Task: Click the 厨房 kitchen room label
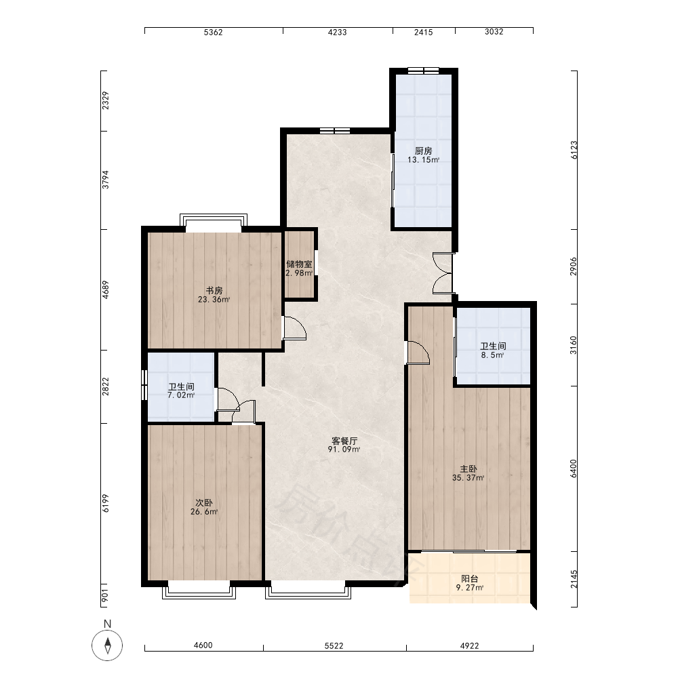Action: tap(423, 151)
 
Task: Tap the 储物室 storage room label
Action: tap(299, 264)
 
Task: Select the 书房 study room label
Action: tap(214, 291)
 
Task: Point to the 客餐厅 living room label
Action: tap(344, 441)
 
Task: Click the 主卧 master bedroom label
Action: tap(468, 469)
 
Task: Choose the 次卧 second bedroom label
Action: tap(204, 503)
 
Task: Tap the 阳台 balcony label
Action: tap(470, 579)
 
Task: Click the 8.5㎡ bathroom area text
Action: tap(492, 355)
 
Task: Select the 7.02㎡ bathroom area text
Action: tap(181, 395)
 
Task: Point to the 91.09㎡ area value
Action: tap(344, 450)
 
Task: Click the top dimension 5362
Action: tap(213, 32)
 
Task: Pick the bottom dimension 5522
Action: tap(334, 645)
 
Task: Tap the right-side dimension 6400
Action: tap(574, 468)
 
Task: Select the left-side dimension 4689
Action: tap(106, 290)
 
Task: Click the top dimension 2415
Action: tap(423, 32)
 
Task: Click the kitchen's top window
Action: tap(423, 71)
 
